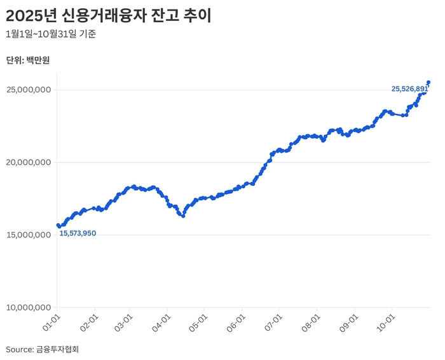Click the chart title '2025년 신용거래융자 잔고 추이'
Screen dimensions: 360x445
[108, 16]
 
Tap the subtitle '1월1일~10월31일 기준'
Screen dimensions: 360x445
[51, 34]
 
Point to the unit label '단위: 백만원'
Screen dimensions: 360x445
[27, 60]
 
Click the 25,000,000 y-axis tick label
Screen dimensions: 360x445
[29, 90]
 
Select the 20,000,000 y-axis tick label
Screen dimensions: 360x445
[29, 162]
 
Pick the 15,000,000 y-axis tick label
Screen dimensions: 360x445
[29, 235]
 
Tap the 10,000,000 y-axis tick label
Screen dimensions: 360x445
[29, 308]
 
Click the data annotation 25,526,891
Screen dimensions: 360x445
[409, 89]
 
